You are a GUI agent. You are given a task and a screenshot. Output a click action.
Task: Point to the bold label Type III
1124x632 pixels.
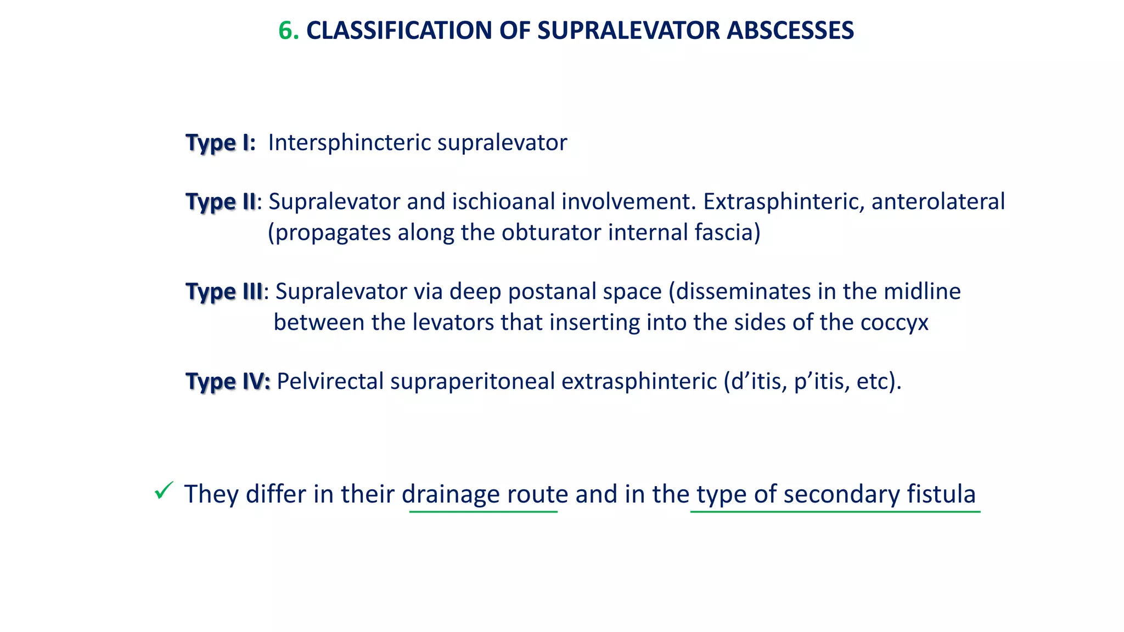[224, 292]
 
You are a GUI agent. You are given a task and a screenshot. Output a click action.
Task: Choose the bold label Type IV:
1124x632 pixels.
[228, 382]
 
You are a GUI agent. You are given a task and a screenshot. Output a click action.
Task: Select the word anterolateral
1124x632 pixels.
[938, 202]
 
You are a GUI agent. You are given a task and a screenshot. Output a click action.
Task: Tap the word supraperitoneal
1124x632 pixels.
[473, 382]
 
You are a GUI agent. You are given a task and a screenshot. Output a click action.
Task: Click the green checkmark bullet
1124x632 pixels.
[164, 490]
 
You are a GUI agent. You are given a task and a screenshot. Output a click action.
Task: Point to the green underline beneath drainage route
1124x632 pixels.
[483, 512]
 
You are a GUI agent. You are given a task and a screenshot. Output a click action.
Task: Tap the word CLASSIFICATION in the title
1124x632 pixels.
[398, 31]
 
